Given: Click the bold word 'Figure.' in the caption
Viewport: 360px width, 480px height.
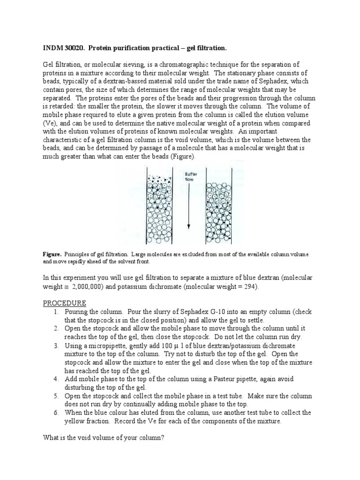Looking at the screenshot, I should (52, 254).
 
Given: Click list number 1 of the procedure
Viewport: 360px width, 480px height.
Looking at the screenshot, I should (55, 312).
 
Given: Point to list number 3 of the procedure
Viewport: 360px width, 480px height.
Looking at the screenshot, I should (55, 345).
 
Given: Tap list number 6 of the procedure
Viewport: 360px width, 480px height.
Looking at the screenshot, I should (55, 412).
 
